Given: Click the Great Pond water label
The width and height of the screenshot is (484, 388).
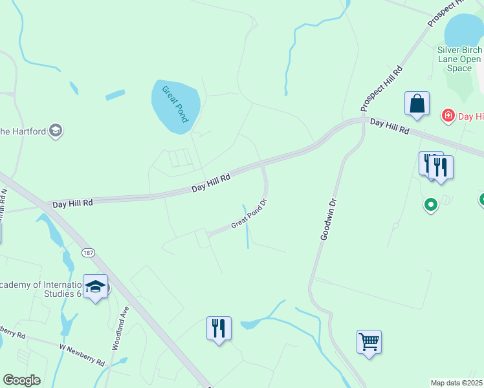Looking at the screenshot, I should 175,103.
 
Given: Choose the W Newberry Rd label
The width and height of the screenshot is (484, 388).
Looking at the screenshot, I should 82,355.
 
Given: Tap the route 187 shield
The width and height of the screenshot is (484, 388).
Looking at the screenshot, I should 89,253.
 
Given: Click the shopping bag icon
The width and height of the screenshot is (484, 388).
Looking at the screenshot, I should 417,103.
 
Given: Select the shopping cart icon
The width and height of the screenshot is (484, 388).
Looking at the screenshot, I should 369,341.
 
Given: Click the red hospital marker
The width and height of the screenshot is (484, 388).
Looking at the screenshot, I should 447,116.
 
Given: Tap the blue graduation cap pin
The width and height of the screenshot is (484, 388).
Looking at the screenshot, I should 95,286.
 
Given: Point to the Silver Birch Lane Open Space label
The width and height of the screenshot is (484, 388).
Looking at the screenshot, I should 459,59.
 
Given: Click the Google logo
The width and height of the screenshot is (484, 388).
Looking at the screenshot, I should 21,380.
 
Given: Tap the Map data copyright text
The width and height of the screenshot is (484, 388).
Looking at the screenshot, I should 457,383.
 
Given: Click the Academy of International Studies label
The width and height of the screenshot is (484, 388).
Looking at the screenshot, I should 39,290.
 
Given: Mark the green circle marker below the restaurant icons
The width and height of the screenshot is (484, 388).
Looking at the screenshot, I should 430,206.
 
